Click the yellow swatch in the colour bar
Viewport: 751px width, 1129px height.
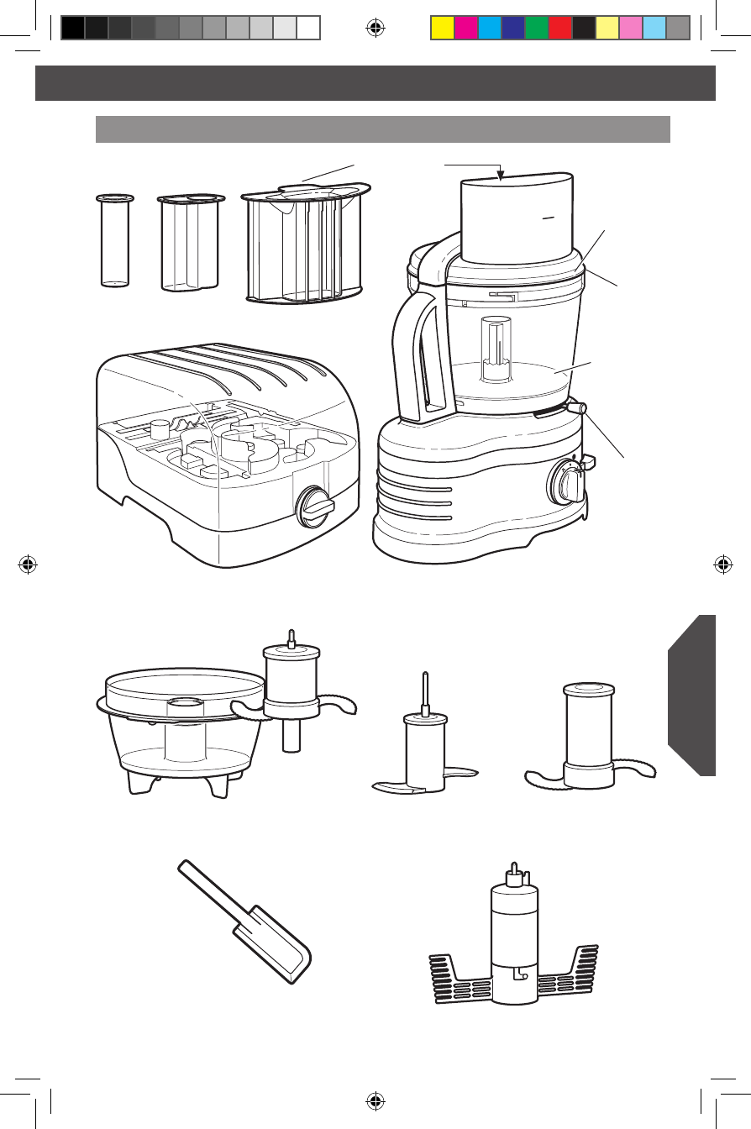coord(442,29)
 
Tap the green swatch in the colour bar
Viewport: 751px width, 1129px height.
coord(536,29)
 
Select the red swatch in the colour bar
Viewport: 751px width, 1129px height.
coord(559,29)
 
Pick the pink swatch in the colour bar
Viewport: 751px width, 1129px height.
coord(630,29)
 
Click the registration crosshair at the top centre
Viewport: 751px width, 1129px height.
coord(375,29)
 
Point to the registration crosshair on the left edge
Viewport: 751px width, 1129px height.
coord(29,564)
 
